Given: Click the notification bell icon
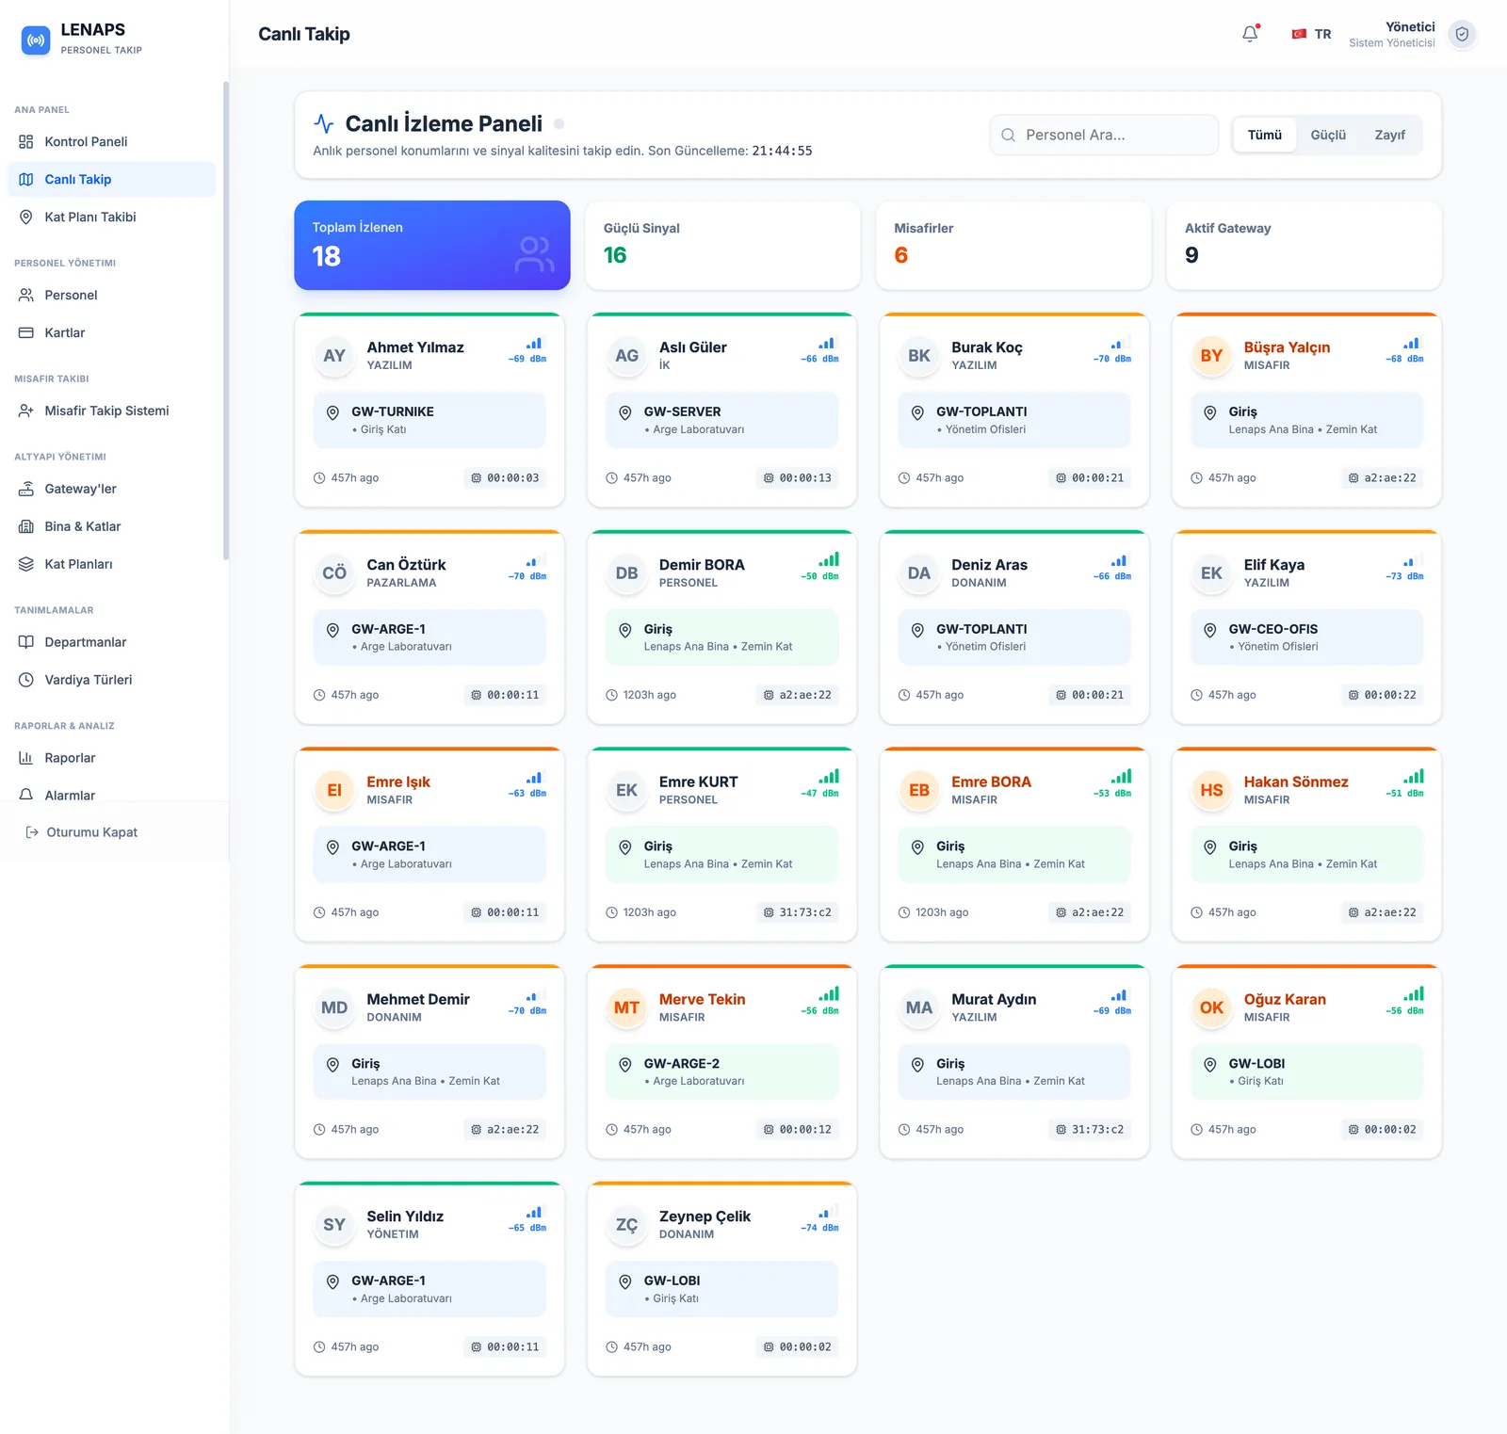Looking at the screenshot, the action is pyautogui.click(x=1250, y=34).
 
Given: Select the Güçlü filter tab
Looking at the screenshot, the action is pyautogui.click(x=1328, y=136).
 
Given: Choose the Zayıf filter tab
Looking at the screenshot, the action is pyautogui.click(x=1389, y=136).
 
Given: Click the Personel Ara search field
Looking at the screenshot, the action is pyautogui.click(x=1104, y=136).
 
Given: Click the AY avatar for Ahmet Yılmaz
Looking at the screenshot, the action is pyautogui.click(x=334, y=356).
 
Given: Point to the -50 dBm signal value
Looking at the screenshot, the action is pyautogui.click(x=819, y=576).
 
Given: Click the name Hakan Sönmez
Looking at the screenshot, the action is pyautogui.click(x=1296, y=781).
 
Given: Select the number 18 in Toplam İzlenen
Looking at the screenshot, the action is pyautogui.click(x=327, y=256).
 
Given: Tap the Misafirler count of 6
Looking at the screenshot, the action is pyautogui.click(x=901, y=255).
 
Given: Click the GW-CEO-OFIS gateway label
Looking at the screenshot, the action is pyautogui.click(x=1273, y=629).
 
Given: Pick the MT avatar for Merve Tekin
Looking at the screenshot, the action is pyautogui.click(x=626, y=1007).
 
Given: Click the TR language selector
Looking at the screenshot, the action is pyautogui.click(x=1311, y=34).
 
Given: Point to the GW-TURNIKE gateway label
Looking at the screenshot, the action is pyautogui.click(x=393, y=411).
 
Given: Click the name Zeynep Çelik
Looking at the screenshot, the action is pyautogui.click(x=705, y=1216).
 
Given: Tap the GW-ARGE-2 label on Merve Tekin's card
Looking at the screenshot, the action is pyautogui.click(x=682, y=1064).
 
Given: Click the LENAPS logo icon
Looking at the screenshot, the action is pyautogui.click(x=36, y=40).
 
